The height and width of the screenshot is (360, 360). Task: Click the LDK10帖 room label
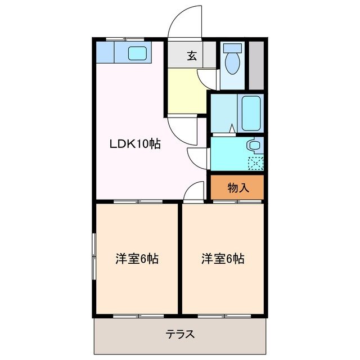[135, 144]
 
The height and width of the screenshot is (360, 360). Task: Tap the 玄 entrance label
[192, 56]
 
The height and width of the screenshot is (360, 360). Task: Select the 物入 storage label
[238, 188]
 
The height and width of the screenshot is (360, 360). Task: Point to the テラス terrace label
[180, 334]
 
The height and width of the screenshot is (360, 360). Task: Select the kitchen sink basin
[138, 54]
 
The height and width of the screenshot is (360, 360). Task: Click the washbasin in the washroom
[255, 146]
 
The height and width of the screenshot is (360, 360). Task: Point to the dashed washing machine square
[256, 163]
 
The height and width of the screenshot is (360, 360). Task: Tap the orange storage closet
[237, 187]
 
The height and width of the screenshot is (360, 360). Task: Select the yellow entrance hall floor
[186, 90]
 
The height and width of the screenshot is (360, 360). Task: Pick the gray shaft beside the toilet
[256, 64]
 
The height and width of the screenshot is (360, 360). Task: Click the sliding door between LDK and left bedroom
[137, 201]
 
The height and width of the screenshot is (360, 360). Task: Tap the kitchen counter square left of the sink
[105, 53]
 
